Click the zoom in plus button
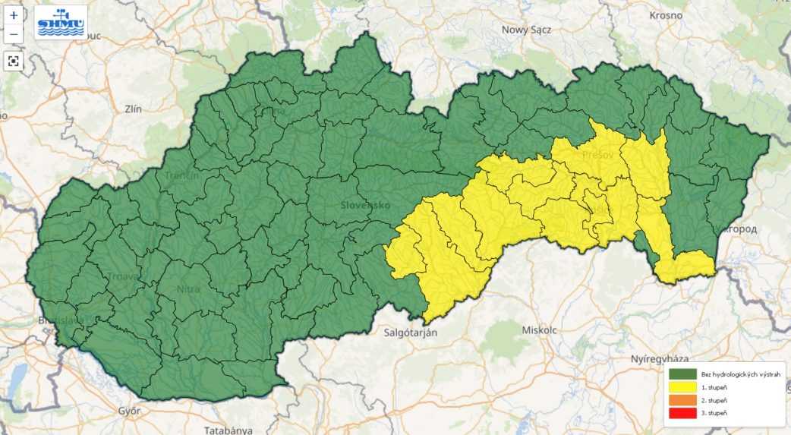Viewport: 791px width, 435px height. tap(14, 15)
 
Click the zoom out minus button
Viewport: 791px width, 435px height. tap(14, 33)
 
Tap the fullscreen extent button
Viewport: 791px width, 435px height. tap(14, 61)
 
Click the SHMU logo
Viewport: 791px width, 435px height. tap(61, 22)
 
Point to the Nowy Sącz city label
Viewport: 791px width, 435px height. tap(526, 30)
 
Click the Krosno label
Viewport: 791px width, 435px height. tap(666, 15)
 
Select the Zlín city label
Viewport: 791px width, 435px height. tap(133, 109)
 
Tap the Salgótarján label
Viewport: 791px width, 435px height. tap(409, 332)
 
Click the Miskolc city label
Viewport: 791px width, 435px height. tap(540, 329)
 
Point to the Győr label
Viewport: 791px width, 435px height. tap(129, 411)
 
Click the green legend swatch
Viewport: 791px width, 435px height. tap(682, 374)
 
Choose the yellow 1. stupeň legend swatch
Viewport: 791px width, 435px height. tap(682, 387)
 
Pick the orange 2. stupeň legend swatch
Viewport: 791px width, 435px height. tap(682, 400)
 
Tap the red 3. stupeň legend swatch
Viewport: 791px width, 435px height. tap(682, 413)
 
